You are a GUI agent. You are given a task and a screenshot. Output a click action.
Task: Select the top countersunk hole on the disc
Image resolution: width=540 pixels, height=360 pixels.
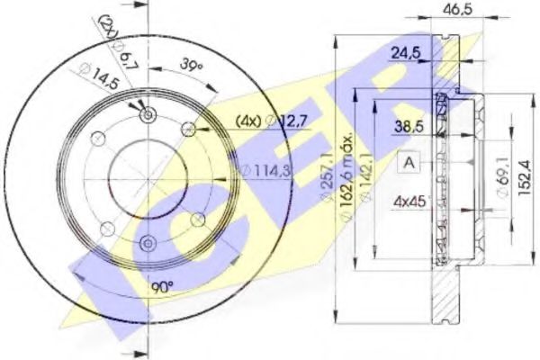146,114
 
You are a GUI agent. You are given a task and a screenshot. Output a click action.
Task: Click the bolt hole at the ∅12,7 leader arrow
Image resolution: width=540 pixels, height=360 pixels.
187,129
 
